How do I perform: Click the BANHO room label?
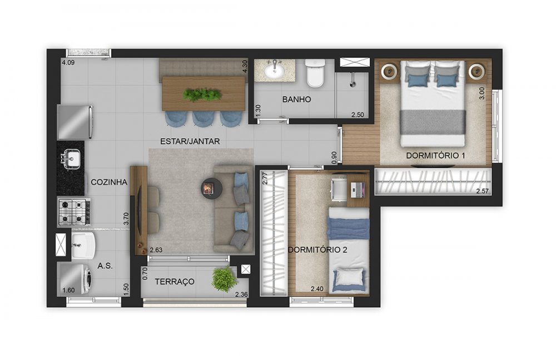[x=296, y=100]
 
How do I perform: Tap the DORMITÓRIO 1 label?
[x=435, y=155]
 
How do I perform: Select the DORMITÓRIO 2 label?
[x=317, y=250]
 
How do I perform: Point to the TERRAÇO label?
[x=175, y=282]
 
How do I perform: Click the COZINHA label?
[x=109, y=182]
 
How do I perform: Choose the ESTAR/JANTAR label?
[x=190, y=141]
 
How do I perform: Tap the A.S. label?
[x=105, y=265]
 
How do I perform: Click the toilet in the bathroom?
[x=315, y=73]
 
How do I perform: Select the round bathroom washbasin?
[x=274, y=71]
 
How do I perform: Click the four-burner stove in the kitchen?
[x=74, y=212]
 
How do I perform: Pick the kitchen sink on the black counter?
[x=71, y=157]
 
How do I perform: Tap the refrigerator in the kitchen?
[x=75, y=122]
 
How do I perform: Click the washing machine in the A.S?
[x=75, y=278]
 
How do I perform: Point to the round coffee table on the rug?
[x=211, y=188]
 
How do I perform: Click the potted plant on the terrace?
[x=224, y=279]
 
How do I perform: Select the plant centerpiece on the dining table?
[x=202, y=95]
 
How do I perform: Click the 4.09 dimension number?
[x=68, y=62]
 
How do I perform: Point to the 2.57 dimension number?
[x=482, y=191]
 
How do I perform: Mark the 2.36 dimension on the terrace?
[x=241, y=294]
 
